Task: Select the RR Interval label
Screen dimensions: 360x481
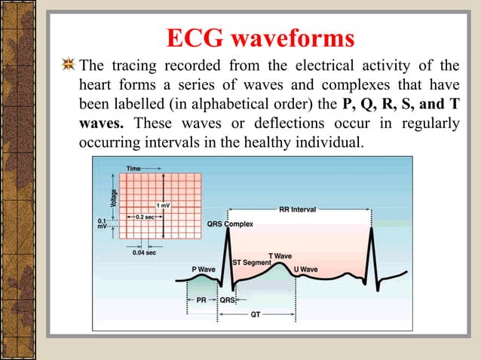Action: pos(298,209)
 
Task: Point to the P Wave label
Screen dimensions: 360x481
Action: pos(204,269)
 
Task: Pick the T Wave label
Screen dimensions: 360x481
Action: pos(280,256)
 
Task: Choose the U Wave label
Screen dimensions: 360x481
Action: pos(305,269)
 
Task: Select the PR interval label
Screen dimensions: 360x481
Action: pos(202,300)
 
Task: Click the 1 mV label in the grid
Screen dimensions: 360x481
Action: pos(163,205)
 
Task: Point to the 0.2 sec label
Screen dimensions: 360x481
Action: pos(146,217)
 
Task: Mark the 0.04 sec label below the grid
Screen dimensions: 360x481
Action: pos(146,253)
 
